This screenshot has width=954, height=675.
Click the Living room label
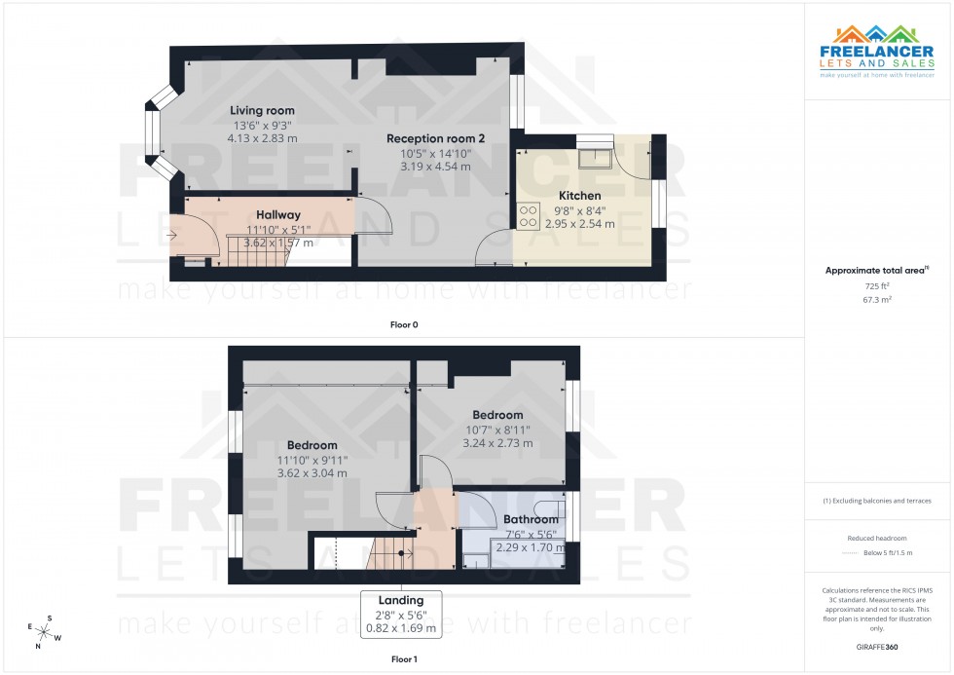coord(262,111)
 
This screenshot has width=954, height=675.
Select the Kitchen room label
coord(579,196)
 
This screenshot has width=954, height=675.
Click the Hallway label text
coord(278,214)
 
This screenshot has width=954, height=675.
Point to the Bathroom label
coord(531,520)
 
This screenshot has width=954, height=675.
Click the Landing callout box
coord(401,615)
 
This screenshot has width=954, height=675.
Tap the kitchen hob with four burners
coord(530,214)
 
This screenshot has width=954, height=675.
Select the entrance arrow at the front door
coord(172,235)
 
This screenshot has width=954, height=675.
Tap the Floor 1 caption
coord(402,659)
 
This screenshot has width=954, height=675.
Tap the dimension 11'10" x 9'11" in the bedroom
coord(311,460)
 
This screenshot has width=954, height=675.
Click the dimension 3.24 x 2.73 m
coord(497,443)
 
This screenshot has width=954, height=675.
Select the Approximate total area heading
coord(877,270)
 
